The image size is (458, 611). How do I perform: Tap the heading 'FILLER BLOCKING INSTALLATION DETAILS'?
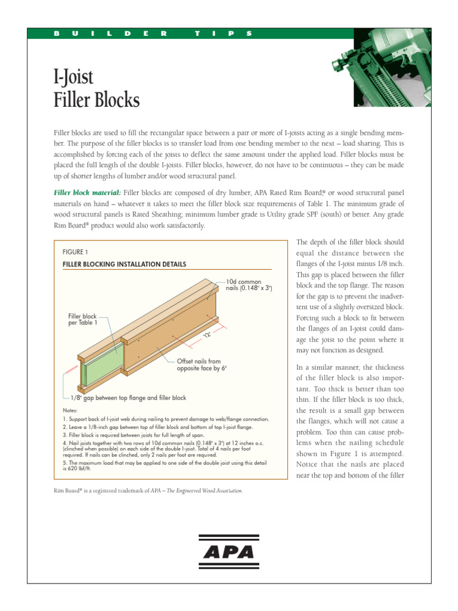click(124, 264)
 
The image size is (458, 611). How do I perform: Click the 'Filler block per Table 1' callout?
click(82, 319)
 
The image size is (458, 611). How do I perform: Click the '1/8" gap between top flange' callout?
click(128, 397)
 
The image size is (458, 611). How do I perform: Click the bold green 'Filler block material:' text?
click(88, 193)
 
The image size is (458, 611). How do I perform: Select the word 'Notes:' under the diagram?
click(70, 411)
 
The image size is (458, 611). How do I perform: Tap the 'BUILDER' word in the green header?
click(110, 33)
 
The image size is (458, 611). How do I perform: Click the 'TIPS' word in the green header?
click(224, 33)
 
